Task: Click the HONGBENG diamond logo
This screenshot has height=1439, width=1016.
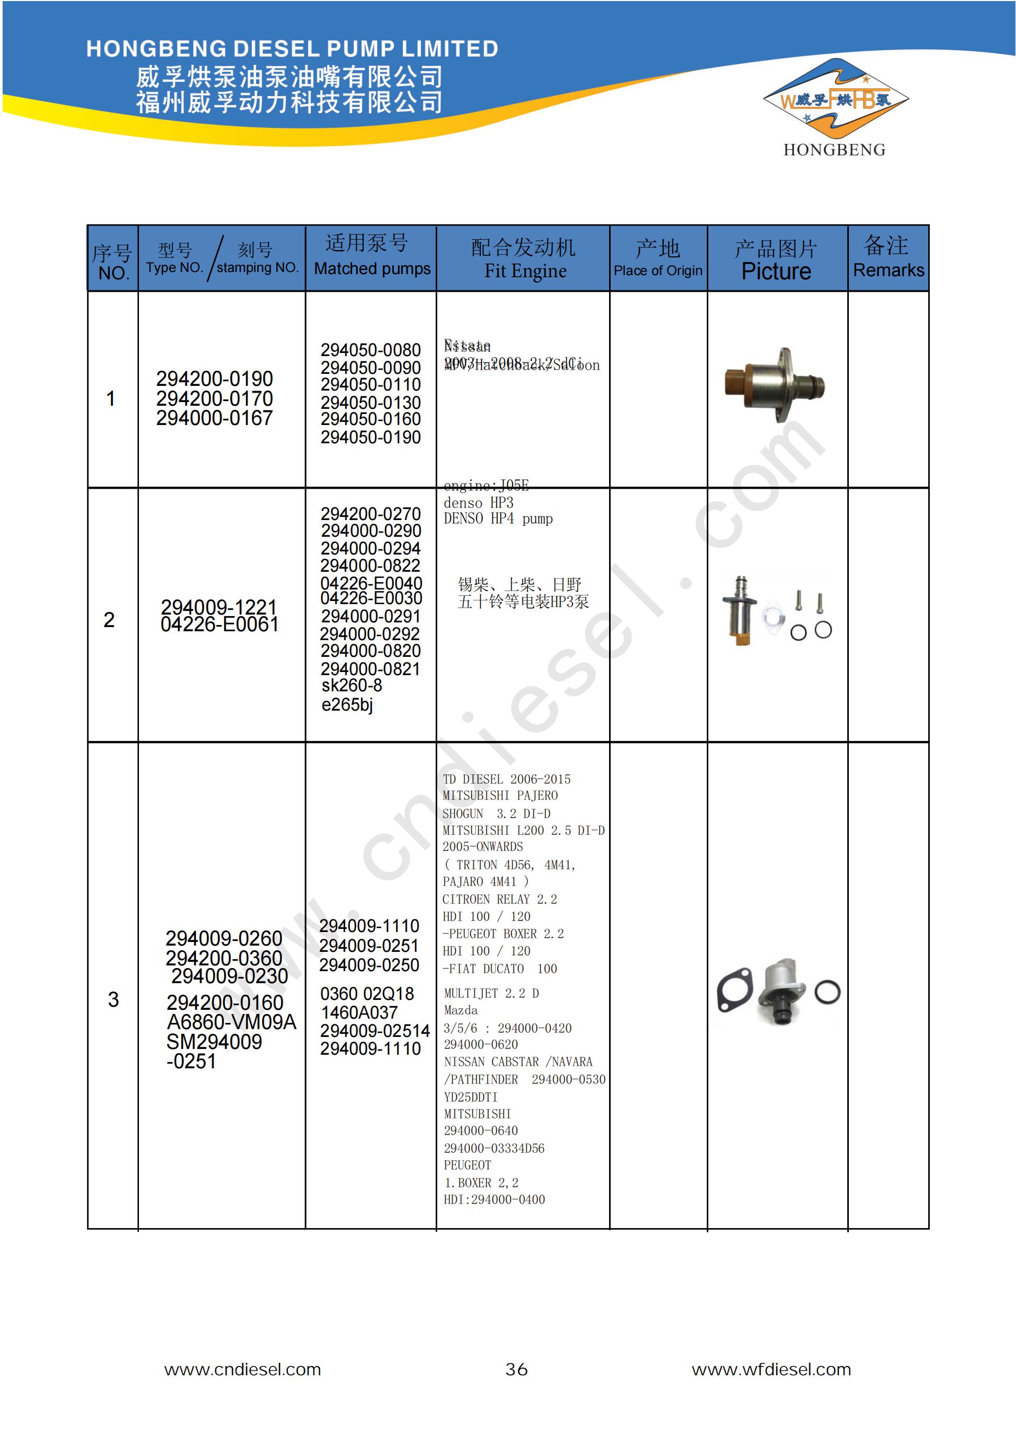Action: (835, 100)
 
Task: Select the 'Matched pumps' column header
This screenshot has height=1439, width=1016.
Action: (372, 268)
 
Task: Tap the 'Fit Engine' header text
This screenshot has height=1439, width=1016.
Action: (525, 271)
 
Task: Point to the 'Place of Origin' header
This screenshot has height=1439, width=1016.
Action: (657, 271)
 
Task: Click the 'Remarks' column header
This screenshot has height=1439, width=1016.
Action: (888, 270)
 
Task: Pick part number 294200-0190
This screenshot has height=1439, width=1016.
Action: (215, 379)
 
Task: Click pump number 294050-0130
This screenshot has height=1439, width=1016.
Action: (371, 403)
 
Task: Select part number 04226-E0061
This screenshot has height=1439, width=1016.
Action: (219, 624)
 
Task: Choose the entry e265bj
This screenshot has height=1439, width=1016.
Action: (347, 704)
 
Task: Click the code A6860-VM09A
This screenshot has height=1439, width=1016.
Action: (231, 1022)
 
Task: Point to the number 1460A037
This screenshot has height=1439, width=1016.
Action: (359, 1012)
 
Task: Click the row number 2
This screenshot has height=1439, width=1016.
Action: (109, 620)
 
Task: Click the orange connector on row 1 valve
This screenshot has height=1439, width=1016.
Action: (741, 386)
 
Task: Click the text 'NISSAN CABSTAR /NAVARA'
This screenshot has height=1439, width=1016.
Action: (518, 1061)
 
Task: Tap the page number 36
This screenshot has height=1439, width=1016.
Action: (516, 1370)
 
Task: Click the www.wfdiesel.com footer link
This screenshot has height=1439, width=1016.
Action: (771, 1370)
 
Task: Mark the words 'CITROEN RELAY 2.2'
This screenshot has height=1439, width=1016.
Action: (499, 899)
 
